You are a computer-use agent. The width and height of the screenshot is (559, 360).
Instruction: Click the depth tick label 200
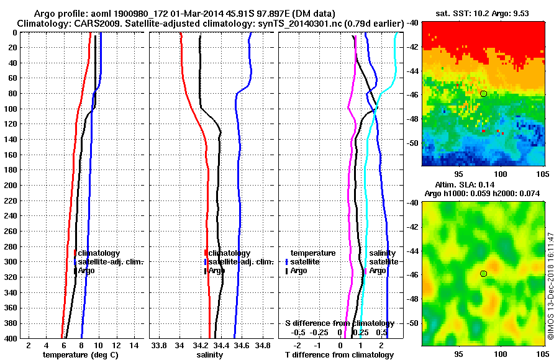pos(11,185)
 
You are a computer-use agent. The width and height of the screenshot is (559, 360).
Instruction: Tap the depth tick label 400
pos(11,338)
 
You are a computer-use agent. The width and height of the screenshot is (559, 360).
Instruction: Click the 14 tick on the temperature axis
pos(134,345)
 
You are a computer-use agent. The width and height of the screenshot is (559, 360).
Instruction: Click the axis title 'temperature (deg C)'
pos(80,355)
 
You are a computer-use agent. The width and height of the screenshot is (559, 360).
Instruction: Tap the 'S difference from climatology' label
pos(339,323)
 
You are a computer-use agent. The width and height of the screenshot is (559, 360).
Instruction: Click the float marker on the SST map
pos(483,93)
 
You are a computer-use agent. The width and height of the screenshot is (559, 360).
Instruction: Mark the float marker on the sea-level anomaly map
pos(483,274)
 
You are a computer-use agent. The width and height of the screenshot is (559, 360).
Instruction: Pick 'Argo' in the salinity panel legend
pos(217,271)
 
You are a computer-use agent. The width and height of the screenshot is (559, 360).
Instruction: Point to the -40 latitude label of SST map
pos(412,22)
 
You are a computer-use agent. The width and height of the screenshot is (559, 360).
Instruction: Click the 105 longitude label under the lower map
pos(540,353)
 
